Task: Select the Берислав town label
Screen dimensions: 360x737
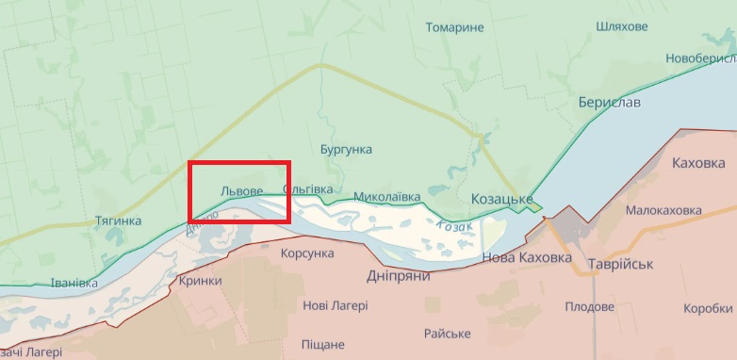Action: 610,101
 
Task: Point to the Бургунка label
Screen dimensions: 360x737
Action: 346,150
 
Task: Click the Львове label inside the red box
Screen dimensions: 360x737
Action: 241,190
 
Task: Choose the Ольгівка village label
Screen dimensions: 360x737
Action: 307,189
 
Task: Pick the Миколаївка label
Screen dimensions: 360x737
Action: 387,198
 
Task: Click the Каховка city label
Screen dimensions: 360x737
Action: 701,163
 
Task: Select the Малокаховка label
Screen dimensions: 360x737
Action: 664,210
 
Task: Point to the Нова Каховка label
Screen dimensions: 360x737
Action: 527,257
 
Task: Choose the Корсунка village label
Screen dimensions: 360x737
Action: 308,254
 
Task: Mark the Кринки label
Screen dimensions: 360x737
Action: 200,281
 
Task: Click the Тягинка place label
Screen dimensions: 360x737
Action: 119,221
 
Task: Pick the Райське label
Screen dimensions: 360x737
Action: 448,334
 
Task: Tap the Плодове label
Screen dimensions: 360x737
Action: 590,306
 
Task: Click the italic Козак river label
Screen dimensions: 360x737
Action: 455,226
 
